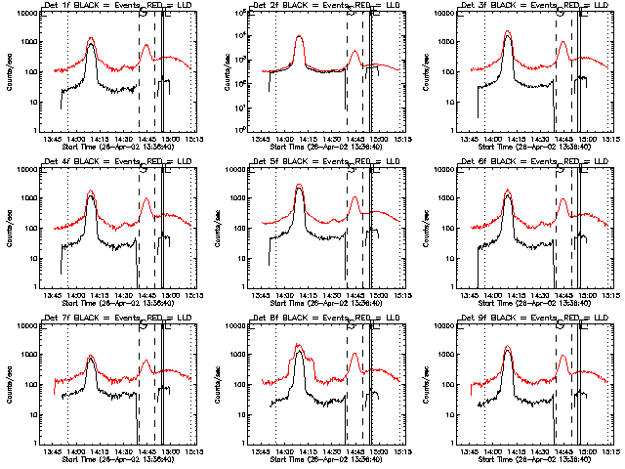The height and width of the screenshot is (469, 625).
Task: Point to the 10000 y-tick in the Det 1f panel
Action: point(26,14)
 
